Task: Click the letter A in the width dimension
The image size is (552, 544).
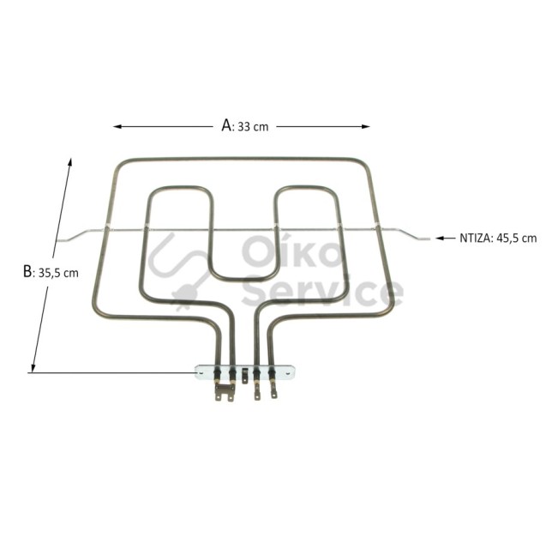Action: point(226,125)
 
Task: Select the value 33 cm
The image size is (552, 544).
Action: point(253,127)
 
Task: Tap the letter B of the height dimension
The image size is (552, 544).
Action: point(27,271)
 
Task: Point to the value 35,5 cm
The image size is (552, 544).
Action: point(58,273)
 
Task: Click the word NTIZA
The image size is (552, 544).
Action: point(475,239)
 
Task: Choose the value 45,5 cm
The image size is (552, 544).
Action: point(517,239)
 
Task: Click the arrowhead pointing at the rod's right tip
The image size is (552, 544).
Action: point(440,239)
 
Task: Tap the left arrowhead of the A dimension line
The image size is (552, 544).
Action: point(117,126)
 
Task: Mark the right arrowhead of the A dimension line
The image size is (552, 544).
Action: point(365,126)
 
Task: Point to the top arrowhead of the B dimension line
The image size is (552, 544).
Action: point(70,162)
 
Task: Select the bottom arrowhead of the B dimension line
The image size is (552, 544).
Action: point(33,368)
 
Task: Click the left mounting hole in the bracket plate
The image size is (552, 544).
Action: point(201,372)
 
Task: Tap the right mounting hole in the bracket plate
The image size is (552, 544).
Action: point(288,372)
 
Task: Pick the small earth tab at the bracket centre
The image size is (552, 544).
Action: point(245,376)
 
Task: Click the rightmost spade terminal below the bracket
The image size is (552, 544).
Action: point(273,391)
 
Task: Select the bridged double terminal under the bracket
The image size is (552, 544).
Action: point(225,392)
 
